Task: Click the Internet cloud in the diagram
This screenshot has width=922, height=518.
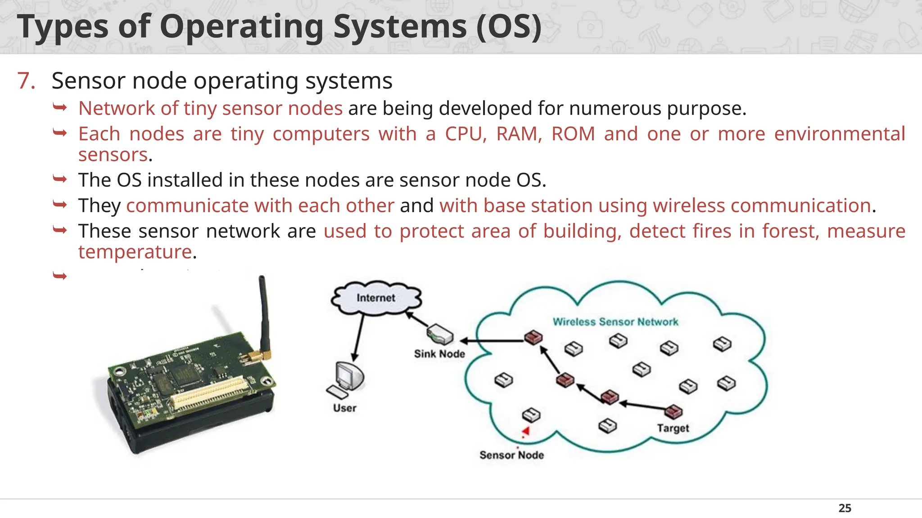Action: pyautogui.click(x=376, y=298)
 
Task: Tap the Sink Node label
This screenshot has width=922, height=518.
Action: pyautogui.click(x=439, y=354)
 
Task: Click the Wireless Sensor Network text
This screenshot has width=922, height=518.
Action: pyautogui.click(x=615, y=322)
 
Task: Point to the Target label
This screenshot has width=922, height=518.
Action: pyautogui.click(x=673, y=428)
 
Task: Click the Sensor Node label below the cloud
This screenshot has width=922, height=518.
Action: pyautogui.click(x=511, y=455)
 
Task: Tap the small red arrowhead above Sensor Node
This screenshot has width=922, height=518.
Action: pyautogui.click(x=525, y=432)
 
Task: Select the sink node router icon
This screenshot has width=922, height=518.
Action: pyautogui.click(x=439, y=335)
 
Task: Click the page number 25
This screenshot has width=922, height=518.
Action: pyautogui.click(x=845, y=508)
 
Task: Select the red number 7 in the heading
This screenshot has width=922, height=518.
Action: pyautogui.click(x=26, y=81)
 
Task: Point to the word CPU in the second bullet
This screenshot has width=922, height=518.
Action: pyautogui.click(x=466, y=134)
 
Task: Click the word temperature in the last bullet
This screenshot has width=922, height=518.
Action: pyautogui.click(x=135, y=252)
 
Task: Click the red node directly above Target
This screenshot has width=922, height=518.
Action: pyautogui.click(x=673, y=411)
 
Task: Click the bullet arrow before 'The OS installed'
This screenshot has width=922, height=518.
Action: pyautogui.click(x=59, y=179)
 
